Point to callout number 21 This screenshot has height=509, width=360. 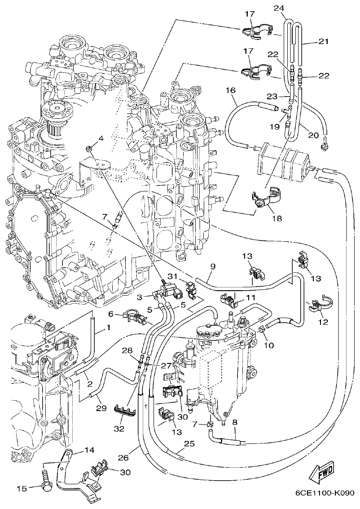click(x=324, y=41)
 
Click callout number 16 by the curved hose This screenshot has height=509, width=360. click(x=231, y=90)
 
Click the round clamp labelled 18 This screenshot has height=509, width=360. click(x=265, y=199)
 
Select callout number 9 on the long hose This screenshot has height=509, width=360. click(x=213, y=267)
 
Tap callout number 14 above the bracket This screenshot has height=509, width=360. click(x=89, y=449)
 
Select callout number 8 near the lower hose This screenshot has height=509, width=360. click(x=235, y=422)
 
